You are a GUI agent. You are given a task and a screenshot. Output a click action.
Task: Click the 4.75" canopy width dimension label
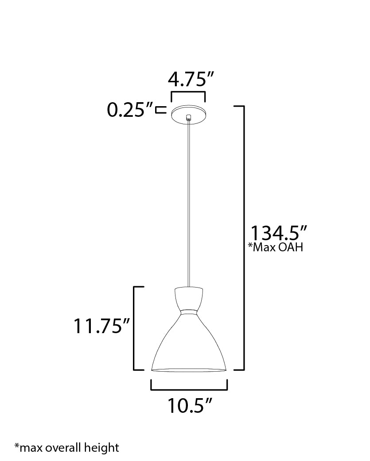[188, 80]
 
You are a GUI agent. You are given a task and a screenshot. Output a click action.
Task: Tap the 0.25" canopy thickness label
[129, 110]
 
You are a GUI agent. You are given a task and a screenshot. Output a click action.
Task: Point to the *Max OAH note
[275, 247]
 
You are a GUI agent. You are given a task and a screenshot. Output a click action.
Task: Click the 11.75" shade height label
[101, 327]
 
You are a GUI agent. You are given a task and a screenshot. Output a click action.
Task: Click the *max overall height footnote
[66, 447]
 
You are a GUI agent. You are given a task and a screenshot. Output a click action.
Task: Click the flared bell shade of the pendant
[189, 345]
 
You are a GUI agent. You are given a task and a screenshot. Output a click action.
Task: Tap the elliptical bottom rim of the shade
[189, 370]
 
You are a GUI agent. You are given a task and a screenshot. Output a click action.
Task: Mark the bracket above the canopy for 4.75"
[188, 92]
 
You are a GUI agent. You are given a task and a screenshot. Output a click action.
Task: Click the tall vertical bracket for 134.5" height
[243, 238]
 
